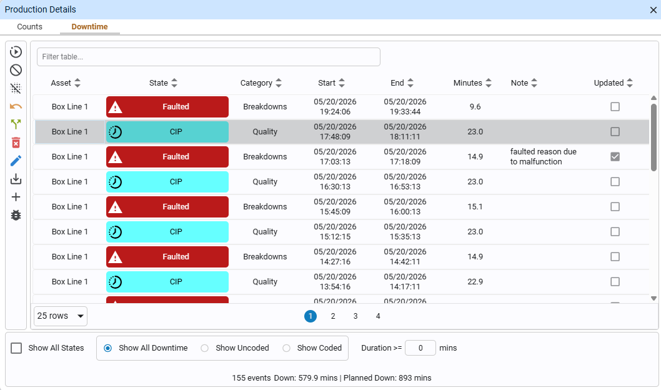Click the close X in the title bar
click(653, 10)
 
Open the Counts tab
click(29, 26)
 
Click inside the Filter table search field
click(208, 56)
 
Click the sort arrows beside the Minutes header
click(489, 83)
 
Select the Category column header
click(256, 83)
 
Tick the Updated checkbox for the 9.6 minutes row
click(615, 107)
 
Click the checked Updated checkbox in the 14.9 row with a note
click(615, 157)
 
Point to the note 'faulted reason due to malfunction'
click(543, 156)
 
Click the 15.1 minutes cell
click(475, 207)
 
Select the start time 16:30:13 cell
click(335, 182)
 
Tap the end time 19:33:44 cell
click(405, 107)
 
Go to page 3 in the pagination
click(355, 316)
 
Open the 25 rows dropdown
click(60, 316)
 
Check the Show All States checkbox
click(16, 348)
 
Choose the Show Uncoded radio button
click(204, 348)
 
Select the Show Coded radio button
click(286, 348)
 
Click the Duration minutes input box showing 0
click(420, 348)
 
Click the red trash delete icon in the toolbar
click(16, 142)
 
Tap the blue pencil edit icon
click(16, 161)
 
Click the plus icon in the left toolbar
click(16, 197)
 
